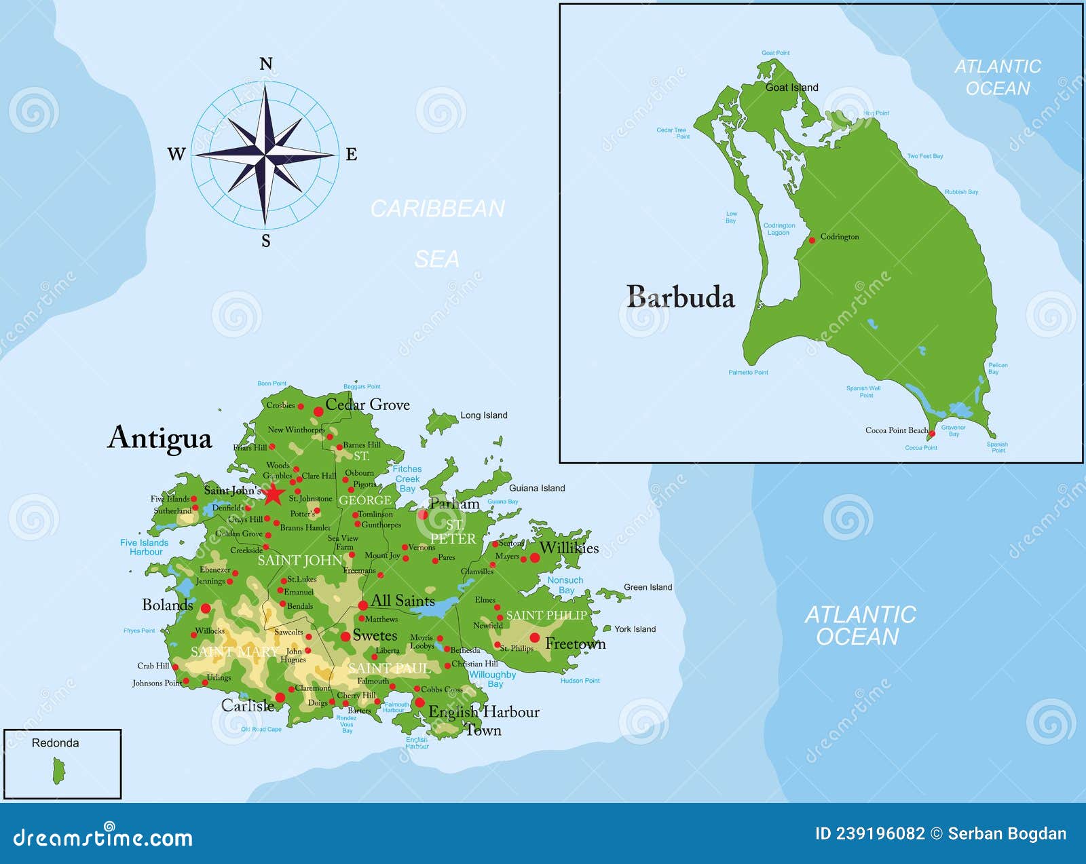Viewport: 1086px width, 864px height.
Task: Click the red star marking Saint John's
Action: (x=273, y=494)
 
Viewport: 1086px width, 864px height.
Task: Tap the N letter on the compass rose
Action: (x=266, y=64)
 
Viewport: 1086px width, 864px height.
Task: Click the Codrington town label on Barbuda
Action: (x=840, y=237)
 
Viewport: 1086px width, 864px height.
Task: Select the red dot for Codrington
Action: (x=812, y=240)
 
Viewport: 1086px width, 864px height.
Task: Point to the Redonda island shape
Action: (x=59, y=771)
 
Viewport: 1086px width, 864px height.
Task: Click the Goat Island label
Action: (x=791, y=88)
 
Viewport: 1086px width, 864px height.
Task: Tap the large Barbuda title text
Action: (x=680, y=297)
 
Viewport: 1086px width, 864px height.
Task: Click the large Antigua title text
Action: (x=160, y=438)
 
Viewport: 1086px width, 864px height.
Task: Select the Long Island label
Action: (x=483, y=415)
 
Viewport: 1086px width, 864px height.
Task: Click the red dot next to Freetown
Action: (x=535, y=637)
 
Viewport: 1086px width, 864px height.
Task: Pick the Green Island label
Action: (x=648, y=587)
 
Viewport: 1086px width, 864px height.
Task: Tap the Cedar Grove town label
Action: (x=367, y=405)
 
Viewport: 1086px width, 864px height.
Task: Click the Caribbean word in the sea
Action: (x=437, y=208)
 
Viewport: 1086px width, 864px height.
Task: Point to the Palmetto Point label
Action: (x=748, y=373)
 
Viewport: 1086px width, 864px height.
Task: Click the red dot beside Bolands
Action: (x=206, y=608)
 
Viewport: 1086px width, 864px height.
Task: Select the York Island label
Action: (x=635, y=629)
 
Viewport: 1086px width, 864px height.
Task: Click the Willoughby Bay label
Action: (x=493, y=679)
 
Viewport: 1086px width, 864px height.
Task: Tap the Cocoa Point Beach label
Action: (x=896, y=430)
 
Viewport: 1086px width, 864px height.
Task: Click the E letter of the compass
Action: (x=352, y=155)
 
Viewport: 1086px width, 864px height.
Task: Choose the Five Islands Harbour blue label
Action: (x=145, y=547)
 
